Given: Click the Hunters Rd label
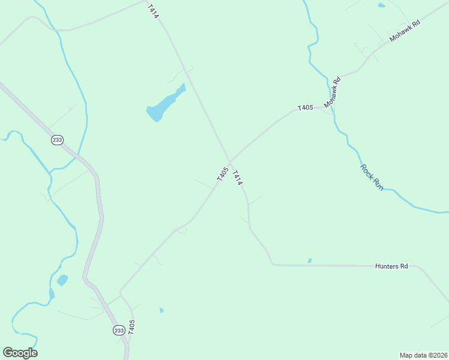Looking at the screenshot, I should click(x=391, y=266).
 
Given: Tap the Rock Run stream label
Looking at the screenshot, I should click(x=371, y=178).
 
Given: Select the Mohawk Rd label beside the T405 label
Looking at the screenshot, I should click(x=333, y=92).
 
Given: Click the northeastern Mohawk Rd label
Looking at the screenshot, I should click(x=405, y=30).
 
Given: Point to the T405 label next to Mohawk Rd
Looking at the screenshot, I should click(x=305, y=108).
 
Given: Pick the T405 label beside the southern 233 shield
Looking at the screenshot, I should click(x=131, y=327).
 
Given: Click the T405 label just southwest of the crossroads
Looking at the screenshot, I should click(x=222, y=175).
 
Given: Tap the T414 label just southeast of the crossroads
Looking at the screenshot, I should click(x=237, y=177).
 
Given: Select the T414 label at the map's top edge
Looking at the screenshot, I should click(x=153, y=11).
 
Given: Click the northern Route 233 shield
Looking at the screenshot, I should click(x=57, y=140).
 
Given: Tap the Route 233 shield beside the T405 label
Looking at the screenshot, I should click(x=118, y=331).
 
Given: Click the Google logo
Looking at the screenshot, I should click(x=20, y=353).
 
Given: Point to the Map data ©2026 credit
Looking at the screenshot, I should click(x=423, y=355).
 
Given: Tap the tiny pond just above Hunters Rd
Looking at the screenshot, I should click(x=310, y=260).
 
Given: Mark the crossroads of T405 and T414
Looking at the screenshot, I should click(x=229, y=161).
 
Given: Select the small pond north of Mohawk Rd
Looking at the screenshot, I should click(x=382, y=5).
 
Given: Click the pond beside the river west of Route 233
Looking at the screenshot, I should click(x=62, y=280).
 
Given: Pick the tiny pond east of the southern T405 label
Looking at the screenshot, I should click(x=161, y=310).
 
